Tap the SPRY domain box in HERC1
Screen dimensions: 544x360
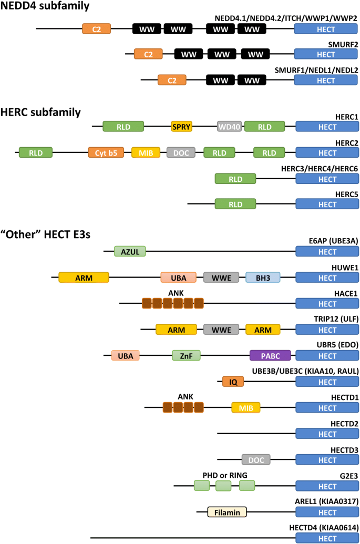pos(182,126)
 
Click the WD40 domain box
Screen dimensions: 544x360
pos(230,126)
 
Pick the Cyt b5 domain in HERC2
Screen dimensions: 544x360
pos(106,153)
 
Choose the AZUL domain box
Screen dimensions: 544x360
pos(130,251)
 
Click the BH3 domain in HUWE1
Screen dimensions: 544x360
pos(263,277)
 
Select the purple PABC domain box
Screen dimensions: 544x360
pos(270,356)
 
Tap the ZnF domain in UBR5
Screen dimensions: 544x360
pos(187,356)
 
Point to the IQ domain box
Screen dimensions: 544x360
pos(233,382)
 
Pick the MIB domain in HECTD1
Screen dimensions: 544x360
pos(246,407)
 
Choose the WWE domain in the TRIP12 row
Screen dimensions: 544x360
pos(221,330)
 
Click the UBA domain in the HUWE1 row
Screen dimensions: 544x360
pos(178,277)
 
